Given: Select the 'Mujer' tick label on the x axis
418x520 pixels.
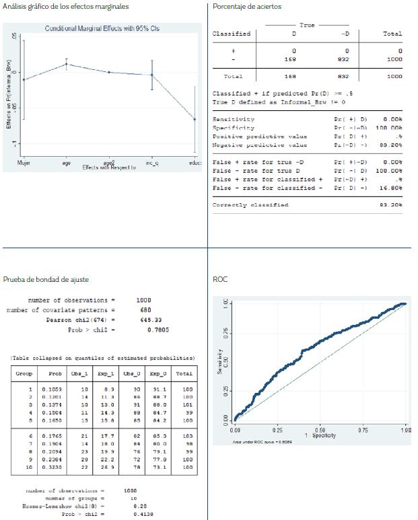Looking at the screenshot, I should [x=24, y=163].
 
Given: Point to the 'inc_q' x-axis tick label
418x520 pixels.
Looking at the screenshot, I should [x=152, y=163].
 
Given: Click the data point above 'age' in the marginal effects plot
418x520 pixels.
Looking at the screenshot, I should [x=66, y=65].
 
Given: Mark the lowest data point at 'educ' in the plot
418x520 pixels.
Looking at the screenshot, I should [x=195, y=119].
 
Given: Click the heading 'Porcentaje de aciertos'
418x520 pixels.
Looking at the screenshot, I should [x=247, y=7].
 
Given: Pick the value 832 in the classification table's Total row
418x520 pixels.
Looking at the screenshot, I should [x=347, y=77].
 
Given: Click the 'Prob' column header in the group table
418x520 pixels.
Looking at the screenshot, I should [x=55, y=373].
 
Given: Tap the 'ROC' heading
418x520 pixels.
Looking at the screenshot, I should [x=219, y=279].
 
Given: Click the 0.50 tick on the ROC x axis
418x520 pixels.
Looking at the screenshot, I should [x=320, y=429].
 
